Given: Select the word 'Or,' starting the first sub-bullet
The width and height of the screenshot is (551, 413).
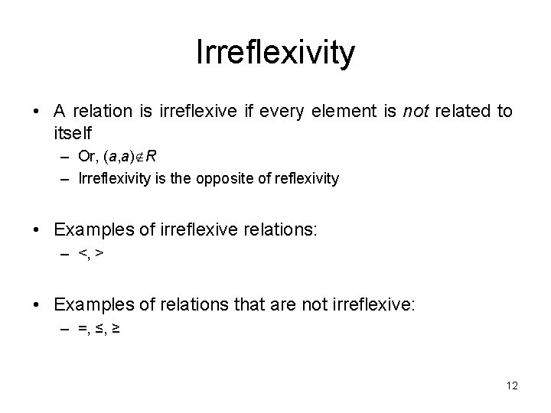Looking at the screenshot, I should (x=86, y=158).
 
